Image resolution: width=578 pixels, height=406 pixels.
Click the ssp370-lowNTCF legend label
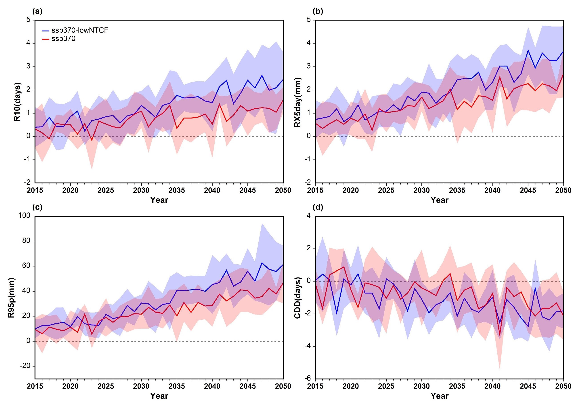(x=80, y=30)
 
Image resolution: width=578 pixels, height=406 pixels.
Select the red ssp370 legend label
(x=63, y=39)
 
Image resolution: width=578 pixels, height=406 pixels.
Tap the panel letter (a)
(x=37, y=11)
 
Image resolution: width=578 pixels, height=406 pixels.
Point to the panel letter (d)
(x=318, y=207)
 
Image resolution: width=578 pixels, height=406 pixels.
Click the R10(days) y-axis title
(x=17, y=102)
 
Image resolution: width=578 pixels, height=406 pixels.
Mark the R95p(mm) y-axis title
(x=11, y=298)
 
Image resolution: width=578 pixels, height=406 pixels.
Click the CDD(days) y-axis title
(x=297, y=298)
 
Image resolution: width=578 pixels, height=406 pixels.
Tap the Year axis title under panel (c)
(x=159, y=396)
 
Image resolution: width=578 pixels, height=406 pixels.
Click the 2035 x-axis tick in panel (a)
(x=177, y=190)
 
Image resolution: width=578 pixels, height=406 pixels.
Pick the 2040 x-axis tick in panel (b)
(x=492, y=190)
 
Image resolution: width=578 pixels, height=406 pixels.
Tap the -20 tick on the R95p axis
(x=25, y=366)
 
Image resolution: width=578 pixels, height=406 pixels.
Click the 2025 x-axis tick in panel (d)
(x=386, y=386)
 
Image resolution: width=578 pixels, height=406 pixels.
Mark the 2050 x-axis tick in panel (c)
(x=283, y=386)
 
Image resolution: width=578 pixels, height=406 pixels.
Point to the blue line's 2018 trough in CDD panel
(x=337, y=314)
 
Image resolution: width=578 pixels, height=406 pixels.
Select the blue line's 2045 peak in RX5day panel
(x=528, y=50)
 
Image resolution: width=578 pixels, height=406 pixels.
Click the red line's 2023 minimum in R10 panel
(x=92, y=140)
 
